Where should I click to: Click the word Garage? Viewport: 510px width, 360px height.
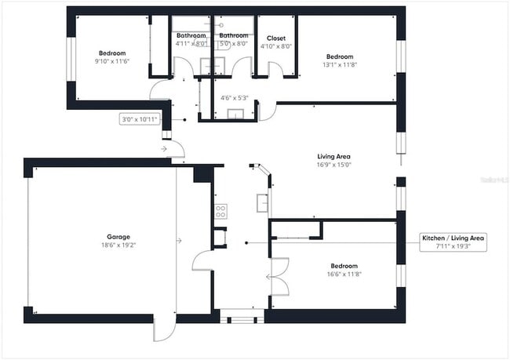tap(118, 236)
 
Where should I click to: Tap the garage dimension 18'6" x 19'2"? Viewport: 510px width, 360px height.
tap(118, 245)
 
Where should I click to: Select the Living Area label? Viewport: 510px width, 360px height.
tap(332, 156)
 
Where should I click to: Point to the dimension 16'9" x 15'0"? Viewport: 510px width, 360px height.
tap(332, 165)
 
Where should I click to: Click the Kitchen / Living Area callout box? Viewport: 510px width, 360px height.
tap(454, 242)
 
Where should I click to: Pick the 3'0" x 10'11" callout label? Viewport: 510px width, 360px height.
tap(140, 120)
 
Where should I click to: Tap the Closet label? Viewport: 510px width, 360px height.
tap(276, 38)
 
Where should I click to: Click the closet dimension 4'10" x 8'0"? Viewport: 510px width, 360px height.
tap(276, 46)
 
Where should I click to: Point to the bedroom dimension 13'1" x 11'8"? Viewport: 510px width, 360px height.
tap(340, 65)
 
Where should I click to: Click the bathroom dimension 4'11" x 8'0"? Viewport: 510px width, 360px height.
tap(191, 44)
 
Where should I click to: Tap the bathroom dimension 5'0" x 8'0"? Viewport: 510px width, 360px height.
tap(233, 44)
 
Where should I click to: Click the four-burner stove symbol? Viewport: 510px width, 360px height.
tap(220, 210)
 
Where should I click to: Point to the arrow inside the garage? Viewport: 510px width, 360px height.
tap(180, 241)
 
